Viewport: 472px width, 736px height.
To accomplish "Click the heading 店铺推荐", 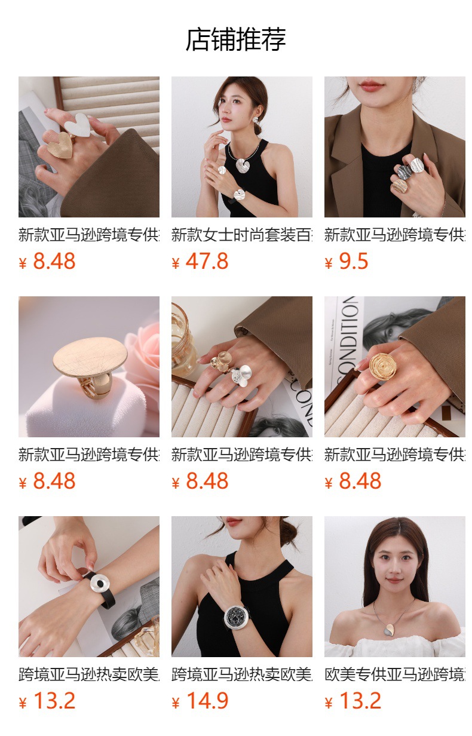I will [x=235, y=39].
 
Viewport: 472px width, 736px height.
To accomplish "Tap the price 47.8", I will [x=207, y=262].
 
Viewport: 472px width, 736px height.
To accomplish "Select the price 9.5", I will [x=353, y=262].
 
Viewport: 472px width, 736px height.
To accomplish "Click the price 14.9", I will [x=207, y=701].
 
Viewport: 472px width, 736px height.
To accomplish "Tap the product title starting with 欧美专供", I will [x=394, y=674].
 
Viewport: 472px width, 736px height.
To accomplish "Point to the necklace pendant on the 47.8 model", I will [x=244, y=165].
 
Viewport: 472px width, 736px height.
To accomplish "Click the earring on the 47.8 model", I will [x=257, y=119].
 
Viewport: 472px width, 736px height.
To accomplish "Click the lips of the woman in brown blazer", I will [x=371, y=87].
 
